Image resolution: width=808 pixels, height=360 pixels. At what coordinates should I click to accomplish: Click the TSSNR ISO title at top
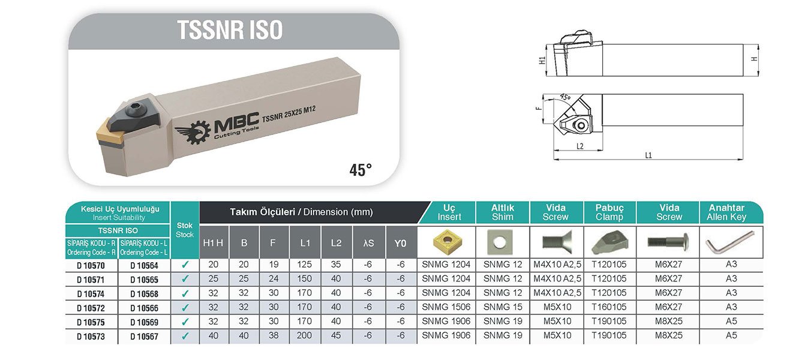pos(230,30)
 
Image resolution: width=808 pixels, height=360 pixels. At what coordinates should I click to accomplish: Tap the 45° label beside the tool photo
pos(361,170)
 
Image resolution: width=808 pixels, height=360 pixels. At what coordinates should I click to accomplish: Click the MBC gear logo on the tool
pos(193,133)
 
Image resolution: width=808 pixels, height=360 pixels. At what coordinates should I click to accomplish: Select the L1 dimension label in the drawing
pos(648,155)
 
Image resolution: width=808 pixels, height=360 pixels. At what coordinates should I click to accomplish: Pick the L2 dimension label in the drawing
pos(579,146)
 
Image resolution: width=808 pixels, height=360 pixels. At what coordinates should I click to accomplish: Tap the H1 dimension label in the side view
pos(542,61)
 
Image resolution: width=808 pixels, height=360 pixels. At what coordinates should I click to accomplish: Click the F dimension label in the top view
pos(539,108)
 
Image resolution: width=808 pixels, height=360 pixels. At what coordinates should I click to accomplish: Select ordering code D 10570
pos(91,266)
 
